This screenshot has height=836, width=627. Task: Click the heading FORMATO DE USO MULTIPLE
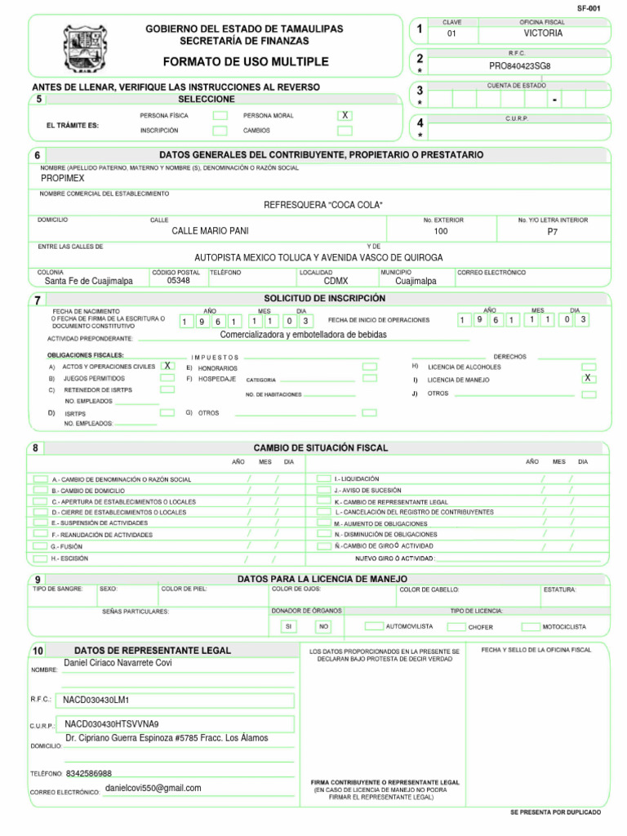click(x=245, y=62)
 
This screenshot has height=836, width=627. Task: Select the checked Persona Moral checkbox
click(x=345, y=116)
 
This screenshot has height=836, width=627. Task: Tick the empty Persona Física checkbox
click(x=220, y=116)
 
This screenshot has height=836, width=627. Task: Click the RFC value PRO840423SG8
click(x=520, y=66)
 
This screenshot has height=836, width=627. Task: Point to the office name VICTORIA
click(x=543, y=34)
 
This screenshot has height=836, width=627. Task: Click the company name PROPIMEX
click(x=63, y=178)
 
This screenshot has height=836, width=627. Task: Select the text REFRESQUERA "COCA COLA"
click(x=322, y=205)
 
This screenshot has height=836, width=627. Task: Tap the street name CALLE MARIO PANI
click(x=210, y=232)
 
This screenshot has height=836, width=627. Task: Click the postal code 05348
click(x=178, y=281)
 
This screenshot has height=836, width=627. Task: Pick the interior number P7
click(x=553, y=232)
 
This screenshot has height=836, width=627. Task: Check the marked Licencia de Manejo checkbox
click(x=588, y=379)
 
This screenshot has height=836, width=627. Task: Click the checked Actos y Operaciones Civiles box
click(x=167, y=367)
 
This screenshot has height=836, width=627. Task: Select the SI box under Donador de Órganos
click(x=287, y=627)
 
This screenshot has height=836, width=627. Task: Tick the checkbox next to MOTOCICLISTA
click(x=531, y=626)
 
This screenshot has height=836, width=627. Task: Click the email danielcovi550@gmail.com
click(x=153, y=789)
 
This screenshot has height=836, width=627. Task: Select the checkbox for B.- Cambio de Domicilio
click(x=40, y=490)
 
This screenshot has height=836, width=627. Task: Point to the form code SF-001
click(x=588, y=7)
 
